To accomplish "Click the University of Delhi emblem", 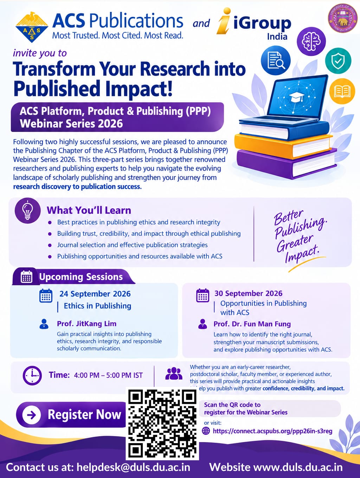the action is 342,18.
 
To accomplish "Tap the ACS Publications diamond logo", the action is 32,27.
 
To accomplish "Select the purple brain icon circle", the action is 311,41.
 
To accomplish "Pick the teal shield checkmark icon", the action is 338,61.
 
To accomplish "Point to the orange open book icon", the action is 342,91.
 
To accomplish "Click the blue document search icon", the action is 276,60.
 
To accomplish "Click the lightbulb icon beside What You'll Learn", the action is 28,211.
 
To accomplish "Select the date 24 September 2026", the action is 95,294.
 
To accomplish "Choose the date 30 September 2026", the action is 248,293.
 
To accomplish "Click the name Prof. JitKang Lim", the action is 86,324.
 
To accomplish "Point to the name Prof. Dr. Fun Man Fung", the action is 252,324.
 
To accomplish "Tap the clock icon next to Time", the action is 32,375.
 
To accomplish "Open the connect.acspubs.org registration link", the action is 272,431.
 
